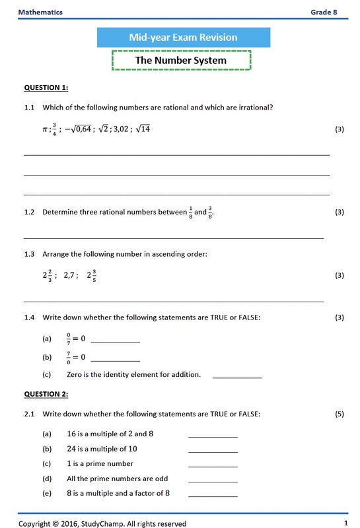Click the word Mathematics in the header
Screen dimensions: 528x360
tap(40, 12)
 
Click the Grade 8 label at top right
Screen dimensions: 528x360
tap(328, 12)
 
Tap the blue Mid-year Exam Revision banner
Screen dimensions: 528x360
tap(183, 38)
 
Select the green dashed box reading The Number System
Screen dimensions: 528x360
tap(181, 60)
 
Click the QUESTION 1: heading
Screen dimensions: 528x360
tap(46, 87)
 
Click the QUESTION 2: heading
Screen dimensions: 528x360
tap(46, 394)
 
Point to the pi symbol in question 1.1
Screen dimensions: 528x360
tap(45, 129)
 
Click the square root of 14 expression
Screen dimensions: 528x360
tap(142, 129)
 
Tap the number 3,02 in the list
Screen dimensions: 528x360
tap(120, 129)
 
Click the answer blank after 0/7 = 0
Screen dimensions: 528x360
tap(115, 341)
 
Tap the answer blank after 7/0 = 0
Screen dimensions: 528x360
tap(115, 360)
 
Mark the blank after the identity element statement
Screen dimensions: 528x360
tap(237, 376)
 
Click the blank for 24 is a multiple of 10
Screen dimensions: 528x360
tap(213, 451)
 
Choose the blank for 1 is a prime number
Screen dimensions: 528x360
tap(213, 466)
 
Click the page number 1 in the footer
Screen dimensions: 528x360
tap(345, 523)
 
